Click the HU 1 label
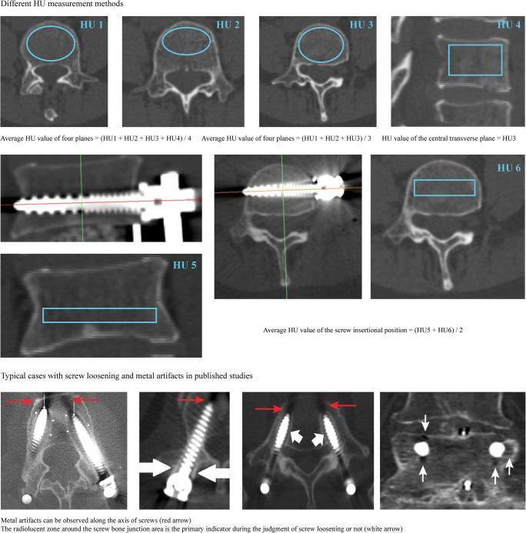point(92,25)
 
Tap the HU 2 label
point(228,25)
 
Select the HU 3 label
point(361,25)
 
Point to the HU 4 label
point(508,25)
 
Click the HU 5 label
point(185,265)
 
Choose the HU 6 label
point(508,168)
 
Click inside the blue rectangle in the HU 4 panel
point(475,60)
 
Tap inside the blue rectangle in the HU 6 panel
point(444,188)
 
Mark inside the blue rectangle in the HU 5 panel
point(99,315)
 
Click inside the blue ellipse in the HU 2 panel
point(186,41)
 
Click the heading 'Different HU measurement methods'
point(62,4)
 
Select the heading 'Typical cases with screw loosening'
point(68,375)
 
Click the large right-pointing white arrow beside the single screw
point(155,468)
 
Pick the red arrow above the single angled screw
point(191,400)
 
